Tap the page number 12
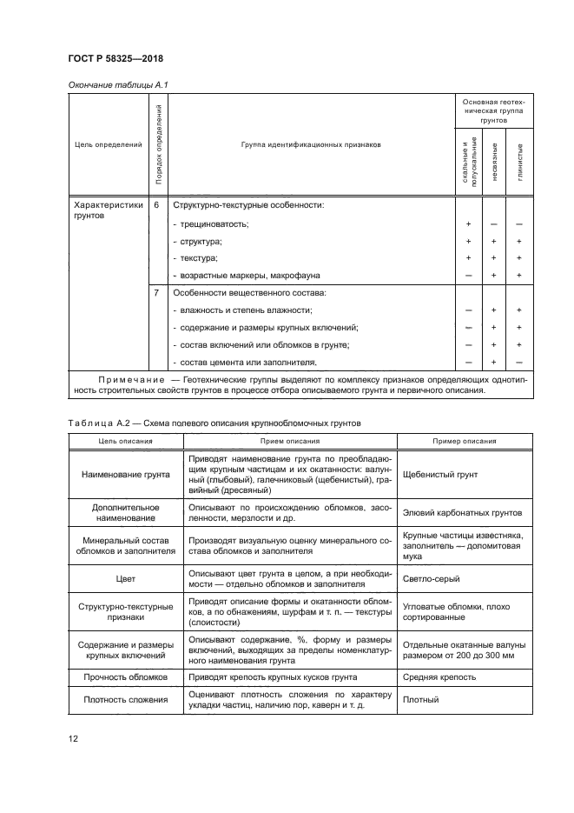pyautogui.click(x=73, y=738)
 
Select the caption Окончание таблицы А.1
pyautogui.click(x=110, y=84)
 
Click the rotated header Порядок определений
pyautogui.click(x=157, y=144)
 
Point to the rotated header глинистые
pyautogui.click(x=518, y=162)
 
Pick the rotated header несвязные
pyautogui.click(x=493, y=162)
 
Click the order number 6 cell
pyautogui.click(x=156, y=205)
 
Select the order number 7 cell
pyautogui.click(x=156, y=293)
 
